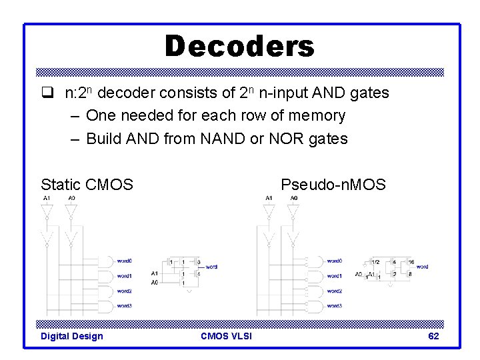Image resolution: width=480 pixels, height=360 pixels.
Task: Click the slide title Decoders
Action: pyautogui.click(x=239, y=47)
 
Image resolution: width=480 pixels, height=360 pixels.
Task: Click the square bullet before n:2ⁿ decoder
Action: pyautogui.click(x=46, y=93)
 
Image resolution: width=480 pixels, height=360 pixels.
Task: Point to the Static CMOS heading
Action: pyautogui.click(x=87, y=184)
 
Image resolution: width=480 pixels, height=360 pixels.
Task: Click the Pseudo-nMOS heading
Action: pyautogui.click(x=333, y=184)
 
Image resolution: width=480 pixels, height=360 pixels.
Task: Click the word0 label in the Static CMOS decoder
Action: pyautogui.click(x=124, y=261)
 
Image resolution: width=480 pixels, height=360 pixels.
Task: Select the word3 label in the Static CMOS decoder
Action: pyautogui.click(x=124, y=306)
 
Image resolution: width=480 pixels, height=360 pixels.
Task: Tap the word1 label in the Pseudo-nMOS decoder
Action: pyautogui.click(x=335, y=276)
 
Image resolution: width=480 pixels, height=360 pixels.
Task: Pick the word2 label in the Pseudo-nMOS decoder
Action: pyautogui.click(x=335, y=291)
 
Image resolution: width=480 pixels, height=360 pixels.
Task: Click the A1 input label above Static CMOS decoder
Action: pyautogui.click(x=46, y=198)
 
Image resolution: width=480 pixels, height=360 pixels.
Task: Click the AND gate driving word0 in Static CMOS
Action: pyautogui.click(x=106, y=261)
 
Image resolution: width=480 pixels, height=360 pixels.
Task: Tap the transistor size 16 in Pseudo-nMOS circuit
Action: pyautogui.click(x=412, y=262)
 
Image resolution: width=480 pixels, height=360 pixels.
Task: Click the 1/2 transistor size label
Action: pyautogui.click(x=375, y=262)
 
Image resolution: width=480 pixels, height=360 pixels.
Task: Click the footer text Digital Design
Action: pyautogui.click(x=72, y=336)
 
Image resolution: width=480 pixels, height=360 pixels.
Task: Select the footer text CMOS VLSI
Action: pyautogui.click(x=226, y=336)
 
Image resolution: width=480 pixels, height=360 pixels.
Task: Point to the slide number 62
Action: pyautogui.click(x=433, y=336)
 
